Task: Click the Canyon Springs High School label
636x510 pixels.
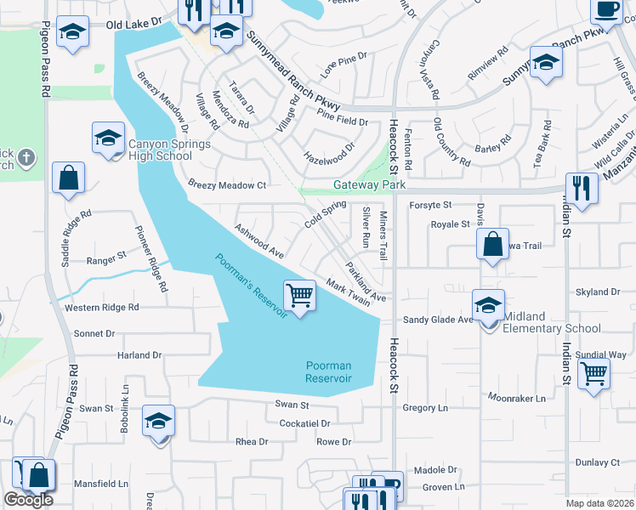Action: [170, 150]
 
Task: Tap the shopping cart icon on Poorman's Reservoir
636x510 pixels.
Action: [299, 296]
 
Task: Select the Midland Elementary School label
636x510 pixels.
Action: [551, 322]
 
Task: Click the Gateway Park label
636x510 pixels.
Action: [369, 185]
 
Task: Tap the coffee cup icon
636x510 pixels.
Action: [607, 8]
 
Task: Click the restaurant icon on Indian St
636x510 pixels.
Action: [582, 188]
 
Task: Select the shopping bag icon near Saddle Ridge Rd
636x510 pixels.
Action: [68, 178]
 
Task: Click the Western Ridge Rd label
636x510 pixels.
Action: [101, 308]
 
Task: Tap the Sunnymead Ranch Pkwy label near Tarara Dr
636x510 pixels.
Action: [294, 71]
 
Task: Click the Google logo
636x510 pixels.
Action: [28, 500]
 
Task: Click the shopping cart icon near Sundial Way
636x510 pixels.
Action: [593, 372]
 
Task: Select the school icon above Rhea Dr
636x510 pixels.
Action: [158, 422]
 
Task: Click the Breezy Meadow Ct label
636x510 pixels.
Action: [227, 184]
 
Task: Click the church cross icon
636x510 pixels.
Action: [26, 157]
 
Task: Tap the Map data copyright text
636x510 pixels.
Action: [599, 503]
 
